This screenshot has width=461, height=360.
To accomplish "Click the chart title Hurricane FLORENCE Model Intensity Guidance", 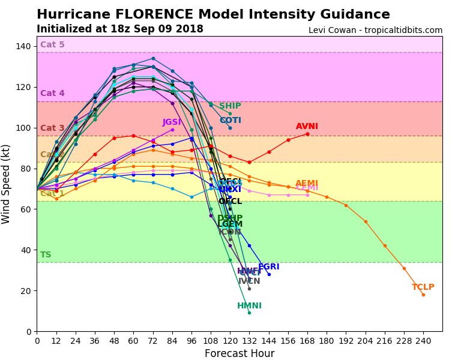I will click(213, 14).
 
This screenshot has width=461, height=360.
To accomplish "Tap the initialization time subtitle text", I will click(119, 29).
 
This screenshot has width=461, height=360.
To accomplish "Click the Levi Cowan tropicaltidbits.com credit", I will click(375, 31).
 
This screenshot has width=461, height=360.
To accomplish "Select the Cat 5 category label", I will click(52, 45).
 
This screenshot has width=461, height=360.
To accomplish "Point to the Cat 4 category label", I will click(52, 94).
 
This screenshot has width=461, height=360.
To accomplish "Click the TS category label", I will click(46, 255).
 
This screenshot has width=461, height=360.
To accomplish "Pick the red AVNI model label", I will click(307, 127).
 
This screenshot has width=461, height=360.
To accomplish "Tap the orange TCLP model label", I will click(423, 287).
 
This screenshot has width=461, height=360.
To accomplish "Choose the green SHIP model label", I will click(230, 106).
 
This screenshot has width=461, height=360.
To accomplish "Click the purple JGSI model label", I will click(172, 122).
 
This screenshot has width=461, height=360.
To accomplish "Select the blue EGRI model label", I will click(268, 267).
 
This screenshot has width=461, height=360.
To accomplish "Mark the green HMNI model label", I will click(249, 306).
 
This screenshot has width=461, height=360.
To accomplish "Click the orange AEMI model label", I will click(306, 184).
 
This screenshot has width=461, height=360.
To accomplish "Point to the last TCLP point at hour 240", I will click(423, 295).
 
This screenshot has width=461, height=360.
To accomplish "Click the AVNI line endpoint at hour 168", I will click(307, 134).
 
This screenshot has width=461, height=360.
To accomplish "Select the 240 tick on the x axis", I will click(423, 340).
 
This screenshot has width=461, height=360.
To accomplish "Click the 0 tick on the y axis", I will click(29, 331).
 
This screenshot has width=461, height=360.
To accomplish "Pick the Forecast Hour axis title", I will click(240, 353).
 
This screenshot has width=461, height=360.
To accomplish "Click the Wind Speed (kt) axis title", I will click(7, 184).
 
